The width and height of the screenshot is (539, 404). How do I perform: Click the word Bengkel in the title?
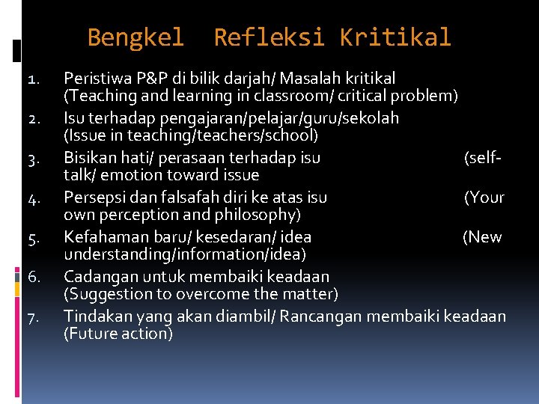pyautogui.click(x=135, y=37)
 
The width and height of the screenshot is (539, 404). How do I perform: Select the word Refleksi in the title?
pyautogui.click(x=269, y=37)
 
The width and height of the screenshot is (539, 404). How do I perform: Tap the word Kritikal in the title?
pyautogui.click(x=395, y=37)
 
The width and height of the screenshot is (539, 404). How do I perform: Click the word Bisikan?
pyautogui.click(x=89, y=158)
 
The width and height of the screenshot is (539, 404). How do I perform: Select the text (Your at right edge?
pyautogui.click(x=484, y=198)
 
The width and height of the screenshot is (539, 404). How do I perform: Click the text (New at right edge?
pyautogui.click(x=482, y=237)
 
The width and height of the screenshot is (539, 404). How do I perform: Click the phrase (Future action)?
pyautogui.click(x=118, y=334)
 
